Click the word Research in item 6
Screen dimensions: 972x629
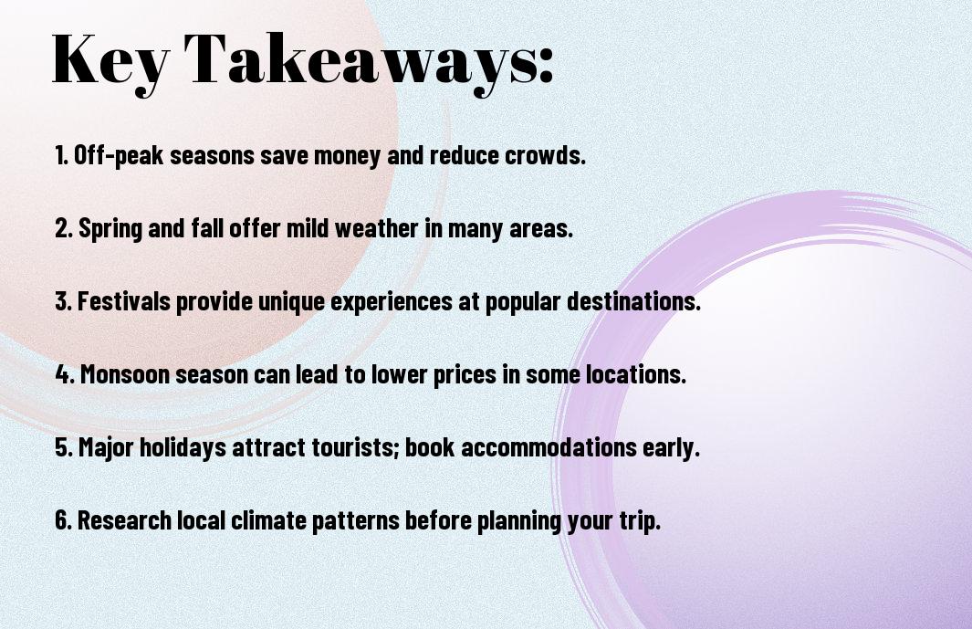tap(125, 520)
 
